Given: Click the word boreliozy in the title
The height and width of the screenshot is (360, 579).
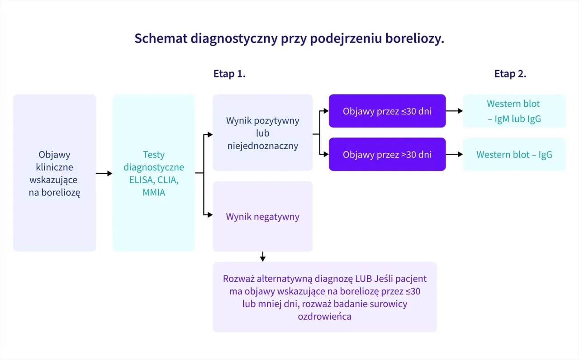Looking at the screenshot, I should click(x=414, y=39).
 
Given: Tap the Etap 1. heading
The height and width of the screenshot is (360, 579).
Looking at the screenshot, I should click(x=229, y=74).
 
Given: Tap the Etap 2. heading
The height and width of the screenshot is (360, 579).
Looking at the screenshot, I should click(x=510, y=74).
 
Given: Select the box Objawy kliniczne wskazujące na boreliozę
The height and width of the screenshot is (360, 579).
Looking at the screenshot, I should click(x=55, y=173).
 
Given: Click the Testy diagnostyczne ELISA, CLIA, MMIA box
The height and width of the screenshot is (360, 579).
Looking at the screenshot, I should click(x=154, y=173).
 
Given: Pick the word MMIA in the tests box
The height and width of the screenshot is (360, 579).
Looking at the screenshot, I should click(x=154, y=193).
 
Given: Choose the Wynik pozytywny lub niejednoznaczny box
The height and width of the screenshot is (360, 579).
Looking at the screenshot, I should click(x=262, y=133).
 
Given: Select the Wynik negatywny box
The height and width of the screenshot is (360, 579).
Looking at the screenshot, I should click(x=262, y=217).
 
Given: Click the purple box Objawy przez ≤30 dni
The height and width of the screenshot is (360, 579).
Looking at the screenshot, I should click(x=387, y=111).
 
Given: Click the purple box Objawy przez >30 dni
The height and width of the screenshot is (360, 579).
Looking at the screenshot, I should click(x=387, y=155).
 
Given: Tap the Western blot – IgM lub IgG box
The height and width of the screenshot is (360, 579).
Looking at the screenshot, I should click(x=514, y=111).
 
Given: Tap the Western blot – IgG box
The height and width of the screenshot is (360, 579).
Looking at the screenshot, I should click(x=514, y=155).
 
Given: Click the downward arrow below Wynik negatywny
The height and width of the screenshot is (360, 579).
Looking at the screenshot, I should click(x=262, y=257).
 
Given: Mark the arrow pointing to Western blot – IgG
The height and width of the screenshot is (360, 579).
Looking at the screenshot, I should click(x=454, y=154).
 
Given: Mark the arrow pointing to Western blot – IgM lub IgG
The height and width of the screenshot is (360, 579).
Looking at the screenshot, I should click(x=454, y=111).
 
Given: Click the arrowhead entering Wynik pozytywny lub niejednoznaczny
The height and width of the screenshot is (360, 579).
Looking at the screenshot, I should click(x=209, y=134).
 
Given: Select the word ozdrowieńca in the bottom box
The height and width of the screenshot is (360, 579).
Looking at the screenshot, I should click(x=324, y=317).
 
